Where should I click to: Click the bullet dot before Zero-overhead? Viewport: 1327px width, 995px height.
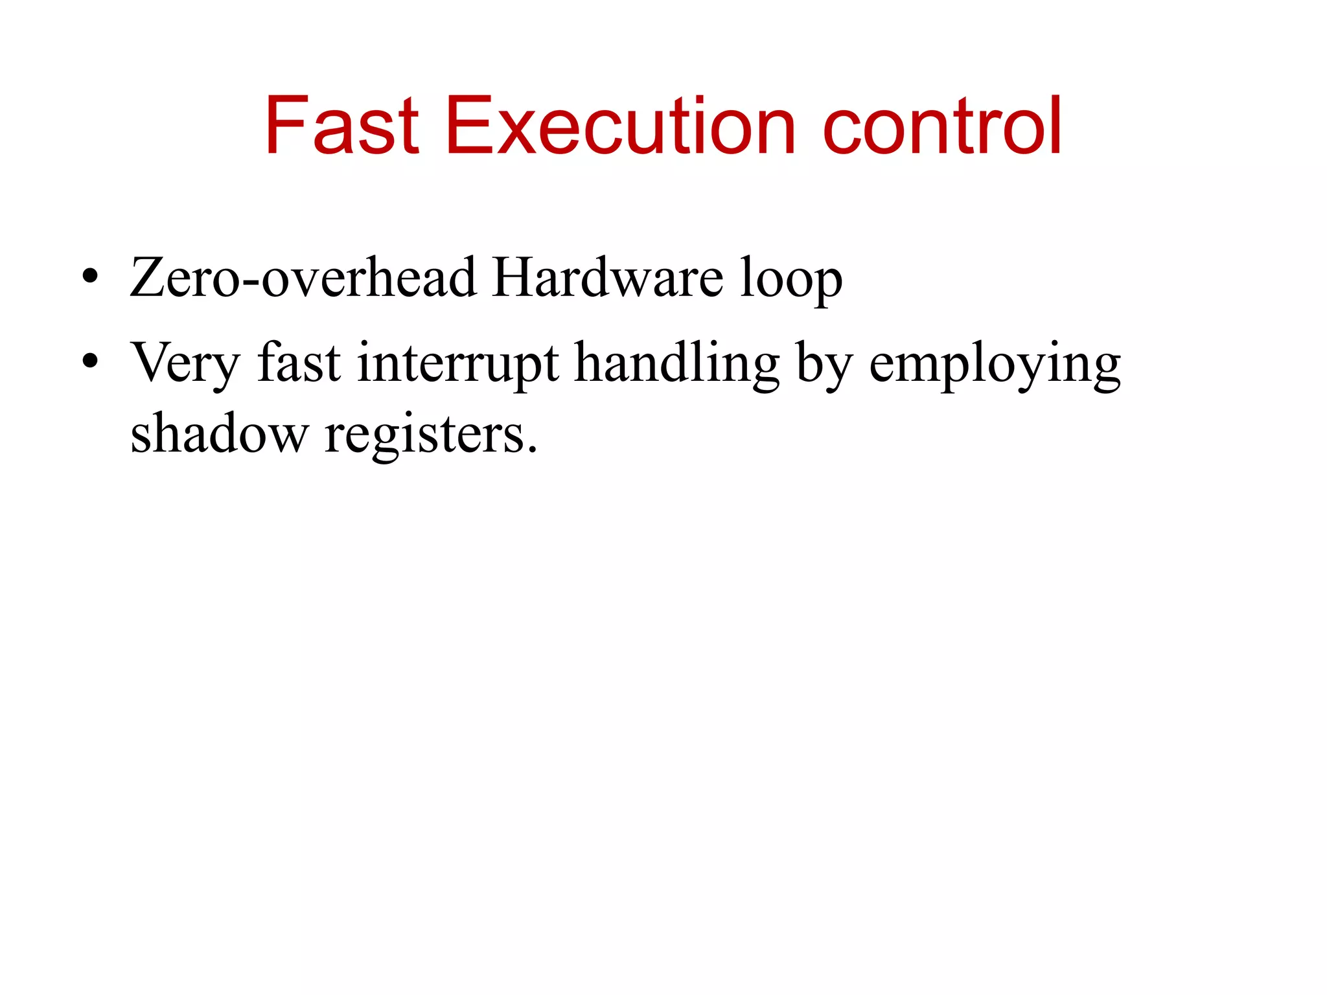click(90, 277)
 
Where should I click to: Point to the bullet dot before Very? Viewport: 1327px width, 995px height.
click(90, 361)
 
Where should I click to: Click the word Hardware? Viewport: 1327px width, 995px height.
click(607, 277)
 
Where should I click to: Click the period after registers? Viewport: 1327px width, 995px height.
click(533, 450)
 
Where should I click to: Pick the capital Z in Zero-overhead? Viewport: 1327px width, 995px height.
click(149, 277)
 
